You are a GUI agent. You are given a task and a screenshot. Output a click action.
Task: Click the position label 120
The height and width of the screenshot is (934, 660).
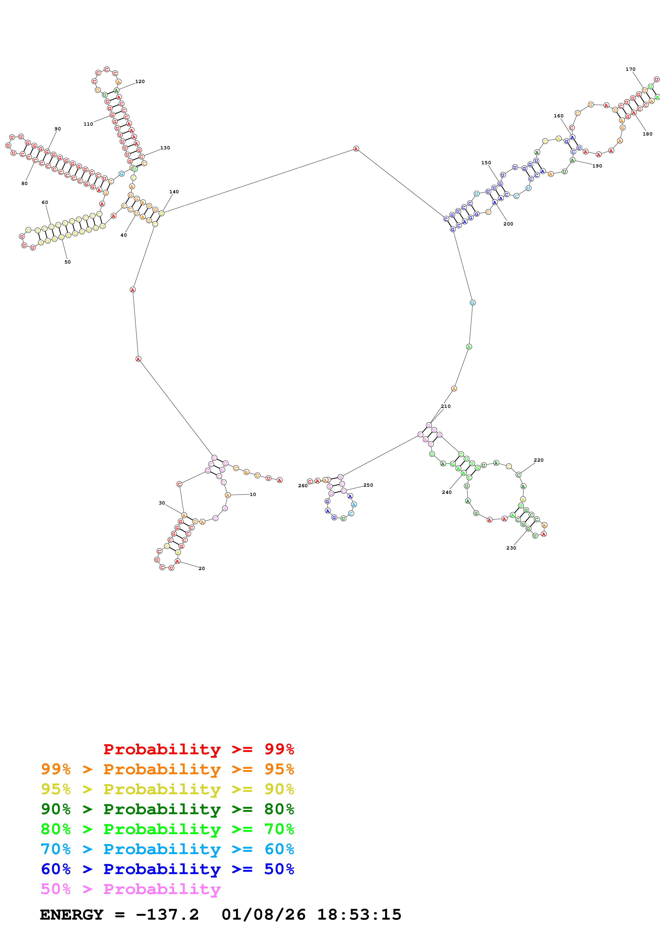coord(140,81)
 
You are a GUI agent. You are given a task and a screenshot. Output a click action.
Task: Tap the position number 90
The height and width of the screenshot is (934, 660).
coord(58,129)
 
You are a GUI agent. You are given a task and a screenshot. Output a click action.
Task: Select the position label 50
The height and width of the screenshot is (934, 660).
coord(68,262)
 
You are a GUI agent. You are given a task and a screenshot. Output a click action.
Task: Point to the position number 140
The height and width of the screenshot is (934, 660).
coord(174,192)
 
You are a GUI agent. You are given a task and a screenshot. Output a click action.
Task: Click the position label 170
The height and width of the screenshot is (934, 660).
coord(630,69)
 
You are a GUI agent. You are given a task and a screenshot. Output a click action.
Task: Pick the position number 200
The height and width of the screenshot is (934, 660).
coord(508,224)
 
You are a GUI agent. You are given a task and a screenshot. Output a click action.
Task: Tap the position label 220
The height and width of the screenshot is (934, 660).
coord(538,460)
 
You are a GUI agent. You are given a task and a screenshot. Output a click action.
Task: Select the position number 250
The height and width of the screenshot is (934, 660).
coord(368,485)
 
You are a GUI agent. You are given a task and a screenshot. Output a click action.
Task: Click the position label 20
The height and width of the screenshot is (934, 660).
coord(202,568)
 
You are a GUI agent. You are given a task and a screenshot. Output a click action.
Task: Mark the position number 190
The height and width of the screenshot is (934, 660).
coord(597,166)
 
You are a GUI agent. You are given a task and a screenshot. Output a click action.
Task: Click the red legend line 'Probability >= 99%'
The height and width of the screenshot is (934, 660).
coord(198,749)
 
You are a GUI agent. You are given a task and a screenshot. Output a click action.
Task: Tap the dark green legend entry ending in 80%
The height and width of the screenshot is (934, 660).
coord(167,809)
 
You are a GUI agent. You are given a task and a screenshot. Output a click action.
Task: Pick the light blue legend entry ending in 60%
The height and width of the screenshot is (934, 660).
coord(167,849)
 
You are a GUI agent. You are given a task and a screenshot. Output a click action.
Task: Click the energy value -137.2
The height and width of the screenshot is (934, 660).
coord(167,915)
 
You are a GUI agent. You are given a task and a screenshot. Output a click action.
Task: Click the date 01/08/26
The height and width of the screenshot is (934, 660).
coord(264,915)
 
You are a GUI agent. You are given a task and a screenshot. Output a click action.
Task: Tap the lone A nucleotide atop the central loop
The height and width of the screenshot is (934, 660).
coord(356,149)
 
